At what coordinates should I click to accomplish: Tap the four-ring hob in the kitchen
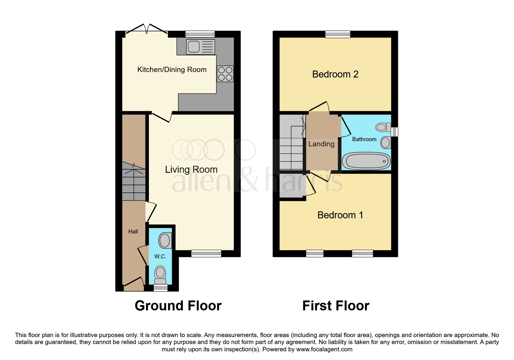coord(225,73)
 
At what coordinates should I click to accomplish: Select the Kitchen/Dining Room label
coord(172,70)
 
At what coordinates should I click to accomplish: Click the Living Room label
coord(191,170)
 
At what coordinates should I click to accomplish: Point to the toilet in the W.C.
coord(160,275)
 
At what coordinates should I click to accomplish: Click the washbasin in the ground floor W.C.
coord(165,240)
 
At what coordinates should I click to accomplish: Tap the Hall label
coord(133,231)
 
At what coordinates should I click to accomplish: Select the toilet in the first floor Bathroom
coord(383,127)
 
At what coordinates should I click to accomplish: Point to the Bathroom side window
coord(394,132)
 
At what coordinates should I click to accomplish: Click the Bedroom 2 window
coord(338,34)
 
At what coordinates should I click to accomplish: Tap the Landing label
coord(321,144)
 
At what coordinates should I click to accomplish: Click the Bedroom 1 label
coord(340,215)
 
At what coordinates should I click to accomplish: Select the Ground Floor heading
coord(178,306)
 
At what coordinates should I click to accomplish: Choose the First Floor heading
coord(336,306)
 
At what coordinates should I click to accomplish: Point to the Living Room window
coord(206,253)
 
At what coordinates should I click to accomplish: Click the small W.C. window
coord(160,288)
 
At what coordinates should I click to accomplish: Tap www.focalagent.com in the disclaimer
coord(324,349)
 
